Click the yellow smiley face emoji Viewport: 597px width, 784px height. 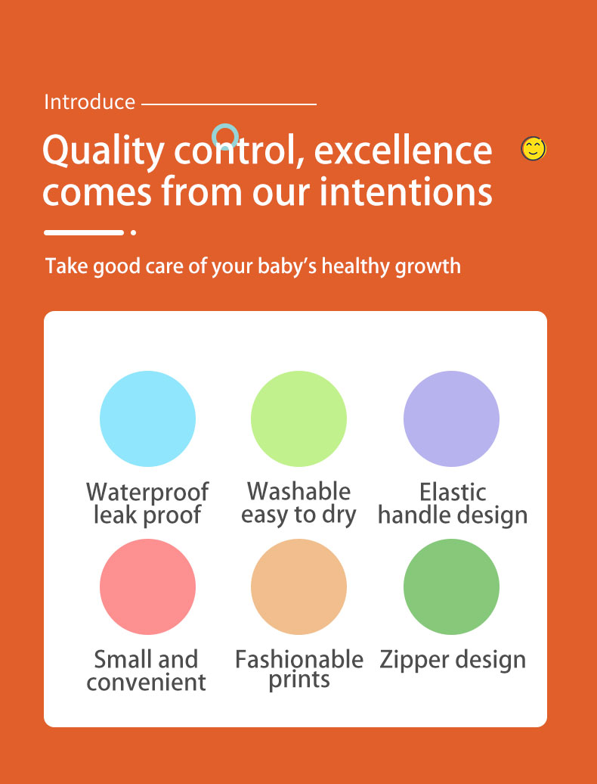click(x=534, y=148)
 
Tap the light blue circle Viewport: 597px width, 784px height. click(x=147, y=418)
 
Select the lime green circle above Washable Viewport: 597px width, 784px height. click(x=298, y=418)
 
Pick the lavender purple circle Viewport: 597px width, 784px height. click(x=451, y=418)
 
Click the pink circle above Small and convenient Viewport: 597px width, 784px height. click(x=147, y=586)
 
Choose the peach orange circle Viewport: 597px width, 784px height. click(x=298, y=586)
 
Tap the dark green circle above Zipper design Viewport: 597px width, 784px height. click(x=451, y=586)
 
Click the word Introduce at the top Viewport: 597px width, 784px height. click(x=89, y=102)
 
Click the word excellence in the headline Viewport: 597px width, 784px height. click(x=403, y=150)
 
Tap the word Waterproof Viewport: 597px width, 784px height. click(x=147, y=492)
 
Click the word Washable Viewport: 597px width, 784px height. click(x=298, y=491)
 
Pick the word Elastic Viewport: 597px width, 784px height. click(x=453, y=492)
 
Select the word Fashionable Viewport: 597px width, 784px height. click(x=298, y=659)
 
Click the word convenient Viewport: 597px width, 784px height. click(x=146, y=683)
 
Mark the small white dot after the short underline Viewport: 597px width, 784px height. click(x=133, y=232)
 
